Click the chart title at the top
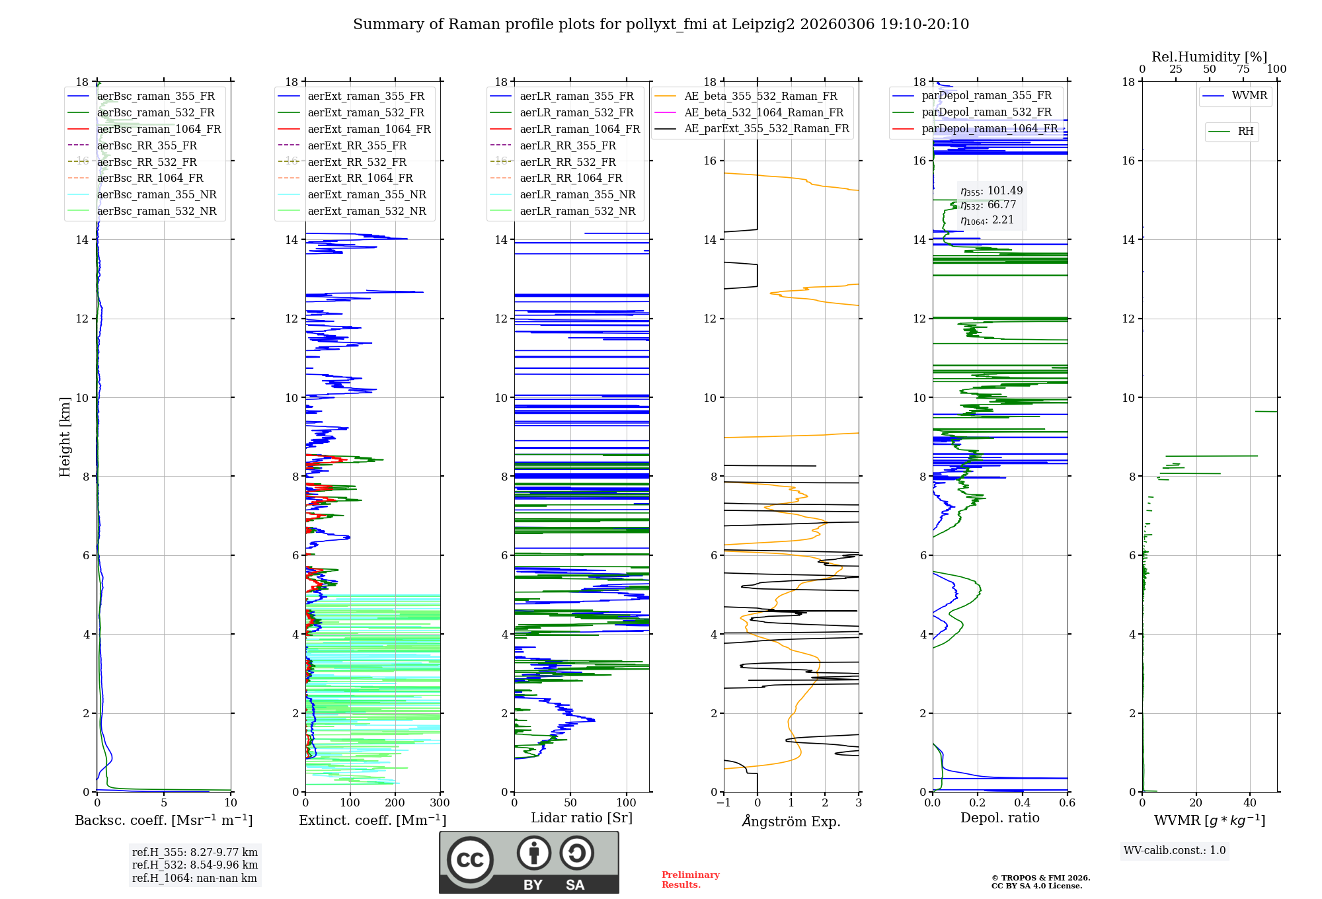[x=661, y=24]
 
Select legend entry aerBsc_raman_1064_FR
[x=159, y=129]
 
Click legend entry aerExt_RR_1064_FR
[x=360, y=178]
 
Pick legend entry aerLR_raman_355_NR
[x=577, y=194]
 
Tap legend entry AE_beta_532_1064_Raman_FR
[x=763, y=112]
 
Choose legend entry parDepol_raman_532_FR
[x=986, y=112]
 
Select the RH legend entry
[x=1245, y=132]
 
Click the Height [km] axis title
[x=65, y=437]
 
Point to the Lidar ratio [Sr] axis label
[x=582, y=818]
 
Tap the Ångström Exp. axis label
[x=791, y=821]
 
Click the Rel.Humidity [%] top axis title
[x=1209, y=57]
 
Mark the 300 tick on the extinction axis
[x=440, y=803]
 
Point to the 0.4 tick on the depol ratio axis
[x=1023, y=803]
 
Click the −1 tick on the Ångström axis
[x=724, y=803]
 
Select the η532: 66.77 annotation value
[x=988, y=205]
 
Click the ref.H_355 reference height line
[x=194, y=852]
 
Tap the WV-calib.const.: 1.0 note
[x=1175, y=851]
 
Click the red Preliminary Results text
[x=690, y=880]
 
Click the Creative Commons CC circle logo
[x=470, y=860]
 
